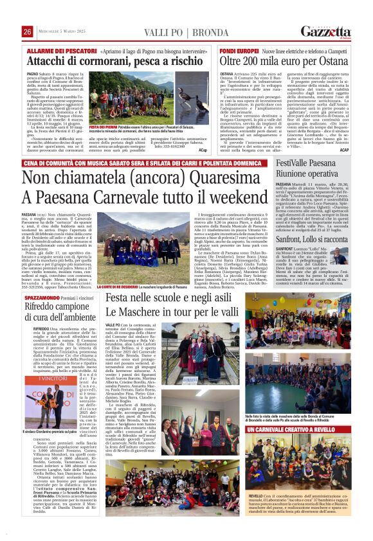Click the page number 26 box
point(27,32)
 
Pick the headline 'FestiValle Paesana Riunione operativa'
point(308,177)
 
